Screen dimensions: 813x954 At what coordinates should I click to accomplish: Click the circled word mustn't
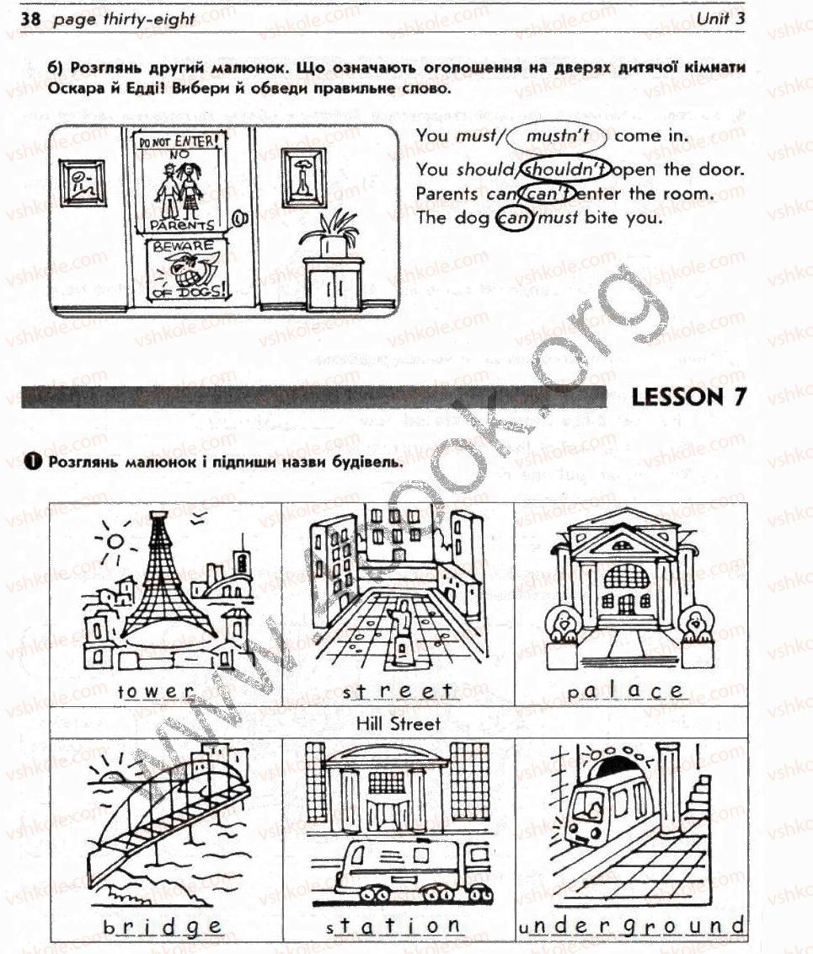(557, 135)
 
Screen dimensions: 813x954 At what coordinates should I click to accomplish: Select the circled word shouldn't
(565, 169)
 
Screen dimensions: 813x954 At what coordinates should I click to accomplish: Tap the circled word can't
(549, 194)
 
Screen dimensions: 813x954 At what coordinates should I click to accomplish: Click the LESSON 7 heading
(688, 397)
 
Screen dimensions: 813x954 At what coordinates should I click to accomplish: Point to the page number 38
(30, 19)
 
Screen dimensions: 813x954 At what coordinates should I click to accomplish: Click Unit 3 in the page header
(720, 18)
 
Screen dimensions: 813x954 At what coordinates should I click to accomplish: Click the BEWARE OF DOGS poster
(187, 270)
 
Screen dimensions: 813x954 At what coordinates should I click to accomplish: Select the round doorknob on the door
(240, 217)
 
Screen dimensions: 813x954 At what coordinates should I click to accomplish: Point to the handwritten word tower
(156, 691)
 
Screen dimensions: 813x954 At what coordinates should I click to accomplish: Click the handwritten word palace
(625, 690)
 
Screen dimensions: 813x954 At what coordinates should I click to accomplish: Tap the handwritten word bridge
(163, 927)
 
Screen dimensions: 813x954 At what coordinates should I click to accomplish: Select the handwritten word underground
(632, 926)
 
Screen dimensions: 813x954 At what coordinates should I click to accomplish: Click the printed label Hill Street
(398, 723)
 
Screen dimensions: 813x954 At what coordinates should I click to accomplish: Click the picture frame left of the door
(82, 183)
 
